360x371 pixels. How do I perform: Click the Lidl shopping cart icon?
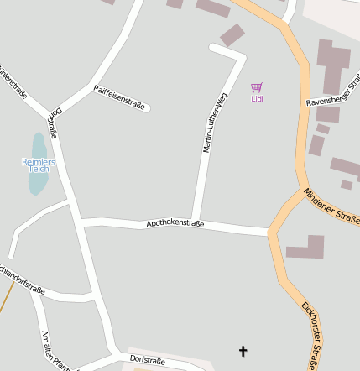(x=257, y=87)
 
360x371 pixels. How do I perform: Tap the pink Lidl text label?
(x=257, y=99)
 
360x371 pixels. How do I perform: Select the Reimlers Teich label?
(x=39, y=165)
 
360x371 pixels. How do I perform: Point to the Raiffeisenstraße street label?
(x=119, y=97)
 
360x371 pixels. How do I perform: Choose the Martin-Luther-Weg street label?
(x=215, y=123)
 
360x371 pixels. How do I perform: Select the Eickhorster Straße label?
(x=307, y=332)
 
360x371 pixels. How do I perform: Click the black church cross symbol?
(x=244, y=351)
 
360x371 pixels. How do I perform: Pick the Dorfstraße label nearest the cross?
(x=148, y=360)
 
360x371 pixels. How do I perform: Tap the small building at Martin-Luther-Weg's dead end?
(x=232, y=34)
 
